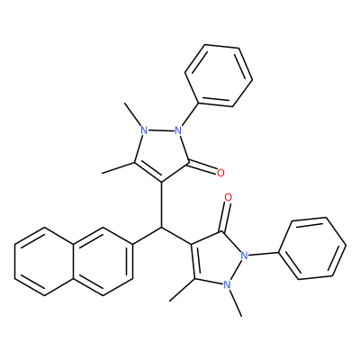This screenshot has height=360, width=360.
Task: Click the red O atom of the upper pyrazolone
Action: pyautogui.click(x=220, y=173)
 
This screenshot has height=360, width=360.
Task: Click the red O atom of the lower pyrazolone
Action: pyautogui.click(x=229, y=197)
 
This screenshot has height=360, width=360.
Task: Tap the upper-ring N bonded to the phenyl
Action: pyautogui.click(x=178, y=130)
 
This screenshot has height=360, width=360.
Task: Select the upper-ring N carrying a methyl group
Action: pyautogui.click(x=144, y=130)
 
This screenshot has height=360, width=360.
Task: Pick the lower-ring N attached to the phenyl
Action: pyautogui.click(x=245, y=256)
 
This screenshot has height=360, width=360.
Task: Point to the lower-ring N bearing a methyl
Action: pyautogui.click(x=228, y=284)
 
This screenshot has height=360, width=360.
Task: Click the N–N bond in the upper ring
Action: pyautogui.click(x=161, y=130)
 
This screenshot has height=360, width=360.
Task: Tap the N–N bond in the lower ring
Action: pyautogui.click(x=237, y=270)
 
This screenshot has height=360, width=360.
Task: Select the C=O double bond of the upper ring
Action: pyautogui.click(x=202, y=167)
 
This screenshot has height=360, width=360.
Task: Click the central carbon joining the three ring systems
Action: pyautogui.click(x=162, y=228)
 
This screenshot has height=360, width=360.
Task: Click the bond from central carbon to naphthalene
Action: pyautogui.click(x=147, y=236)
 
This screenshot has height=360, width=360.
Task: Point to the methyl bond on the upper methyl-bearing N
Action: pyautogui.click(x=133, y=114)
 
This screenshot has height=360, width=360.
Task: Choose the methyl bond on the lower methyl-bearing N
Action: pyautogui.click(x=236, y=302)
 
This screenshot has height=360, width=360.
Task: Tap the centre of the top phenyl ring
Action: pyautogui.click(x=219, y=76)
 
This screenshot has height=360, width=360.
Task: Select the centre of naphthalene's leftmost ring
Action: pyautogui.click(x=44, y=261)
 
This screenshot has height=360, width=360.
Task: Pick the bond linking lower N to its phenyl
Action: pyautogui.click(x=264, y=255)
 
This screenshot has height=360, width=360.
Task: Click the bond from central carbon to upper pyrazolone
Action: pyautogui.click(x=162, y=205)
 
